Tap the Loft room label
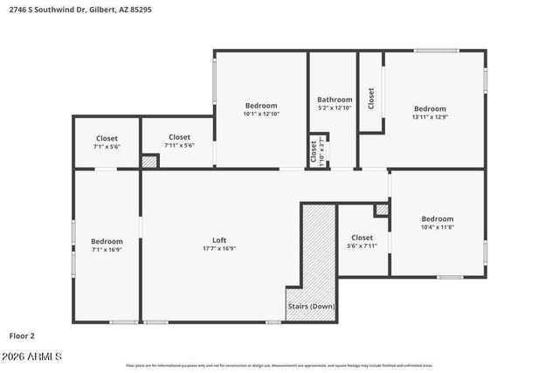pyautogui.click(x=219, y=240)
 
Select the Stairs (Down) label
pyautogui.click(x=311, y=307)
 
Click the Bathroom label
pyautogui.click(x=335, y=100)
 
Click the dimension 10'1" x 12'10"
pyautogui.click(x=261, y=114)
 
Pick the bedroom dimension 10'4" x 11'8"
pyautogui.click(x=438, y=227)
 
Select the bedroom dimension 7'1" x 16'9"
pyautogui.click(x=107, y=249)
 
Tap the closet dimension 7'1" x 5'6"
pyautogui.click(x=106, y=146)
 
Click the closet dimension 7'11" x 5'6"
pyautogui.click(x=179, y=145)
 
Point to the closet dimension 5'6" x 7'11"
pyautogui.click(x=362, y=245)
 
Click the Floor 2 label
pyautogui.click(x=23, y=335)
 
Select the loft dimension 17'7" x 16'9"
pyautogui.click(x=219, y=248)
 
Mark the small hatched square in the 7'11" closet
pyautogui.click(x=150, y=162)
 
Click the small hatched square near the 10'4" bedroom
pyautogui.click(x=382, y=210)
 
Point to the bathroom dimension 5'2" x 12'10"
pyautogui.click(x=335, y=108)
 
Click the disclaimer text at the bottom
pyautogui.click(x=279, y=365)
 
